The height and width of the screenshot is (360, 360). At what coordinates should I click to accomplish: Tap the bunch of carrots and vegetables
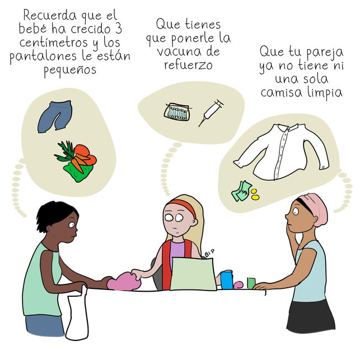76,161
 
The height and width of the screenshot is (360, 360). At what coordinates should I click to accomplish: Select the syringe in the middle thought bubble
211,113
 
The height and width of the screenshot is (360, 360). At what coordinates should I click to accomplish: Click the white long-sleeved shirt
281,152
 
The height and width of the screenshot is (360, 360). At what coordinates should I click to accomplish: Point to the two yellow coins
255,194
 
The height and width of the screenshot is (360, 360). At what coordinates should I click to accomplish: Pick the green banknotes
241,191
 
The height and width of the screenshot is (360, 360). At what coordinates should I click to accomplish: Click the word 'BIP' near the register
209,253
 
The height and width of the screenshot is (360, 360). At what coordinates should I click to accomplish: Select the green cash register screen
193,274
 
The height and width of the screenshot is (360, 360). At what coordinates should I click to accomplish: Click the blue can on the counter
227,279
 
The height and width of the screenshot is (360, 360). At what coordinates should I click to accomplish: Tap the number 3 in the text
118,29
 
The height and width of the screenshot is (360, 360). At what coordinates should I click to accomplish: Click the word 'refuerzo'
188,65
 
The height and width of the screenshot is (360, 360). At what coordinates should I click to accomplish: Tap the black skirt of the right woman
310,316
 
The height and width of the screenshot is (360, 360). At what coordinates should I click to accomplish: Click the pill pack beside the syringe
177,112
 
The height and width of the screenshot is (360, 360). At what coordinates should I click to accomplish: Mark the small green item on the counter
251,283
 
